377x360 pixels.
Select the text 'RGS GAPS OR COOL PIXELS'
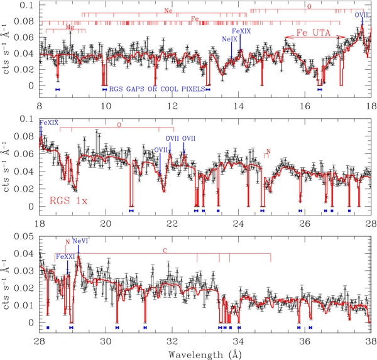point(157,89)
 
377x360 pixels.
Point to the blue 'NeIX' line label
point(230,39)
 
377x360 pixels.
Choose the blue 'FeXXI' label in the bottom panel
point(67,256)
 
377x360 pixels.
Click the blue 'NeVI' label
point(81,241)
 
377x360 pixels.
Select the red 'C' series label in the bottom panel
point(165,251)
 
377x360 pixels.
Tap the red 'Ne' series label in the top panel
point(168,11)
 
